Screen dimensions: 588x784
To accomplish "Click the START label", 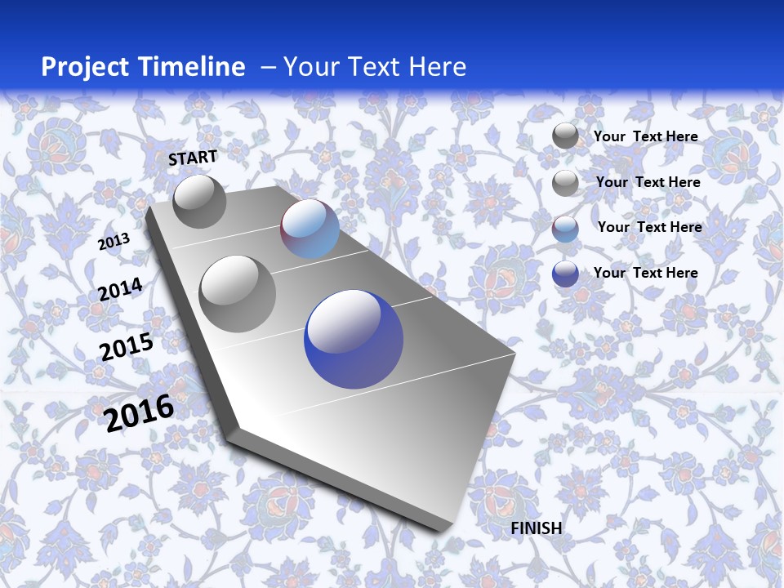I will tap(193, 158).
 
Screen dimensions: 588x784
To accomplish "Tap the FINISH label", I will tap(537, 528).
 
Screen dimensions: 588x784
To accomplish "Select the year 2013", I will tap(114, 242).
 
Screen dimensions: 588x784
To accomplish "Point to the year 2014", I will tap(120, 290).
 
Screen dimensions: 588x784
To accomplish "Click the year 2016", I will tap(139, 412).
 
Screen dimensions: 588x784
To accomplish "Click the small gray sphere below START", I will tap(199, 201).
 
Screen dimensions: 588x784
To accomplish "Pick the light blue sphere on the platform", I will tap(310, 229).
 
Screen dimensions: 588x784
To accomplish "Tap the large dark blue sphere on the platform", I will tap(354, 339).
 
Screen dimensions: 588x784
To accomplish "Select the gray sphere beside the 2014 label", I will tap(238, 293).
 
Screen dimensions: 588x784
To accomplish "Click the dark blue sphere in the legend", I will tap(565, 274).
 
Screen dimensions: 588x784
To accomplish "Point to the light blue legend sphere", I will tap(565, 229).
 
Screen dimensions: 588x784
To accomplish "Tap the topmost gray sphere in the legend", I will tap(565, 136).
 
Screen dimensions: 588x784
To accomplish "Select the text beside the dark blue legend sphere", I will tap(645, 273).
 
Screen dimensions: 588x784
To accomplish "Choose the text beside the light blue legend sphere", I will tap(649, 227).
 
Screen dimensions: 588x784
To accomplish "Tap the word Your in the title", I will tap(308, 67).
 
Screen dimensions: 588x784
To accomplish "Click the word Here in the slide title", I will tap(436, 67).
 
